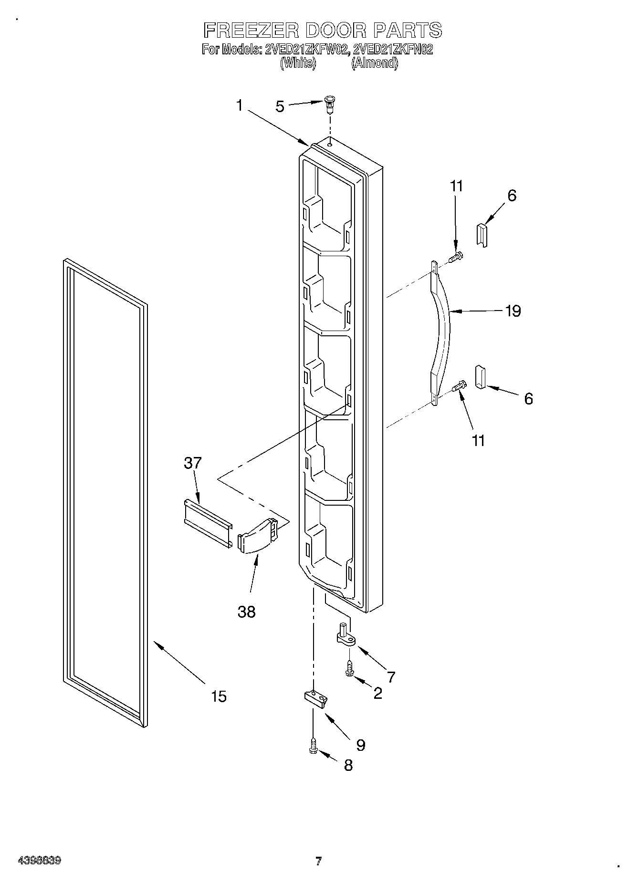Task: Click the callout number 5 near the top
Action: pos(280,106)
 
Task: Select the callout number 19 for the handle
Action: pos(513,311)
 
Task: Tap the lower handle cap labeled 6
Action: pos(480,378)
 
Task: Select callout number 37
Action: pos(193,463)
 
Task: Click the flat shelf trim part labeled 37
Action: pos(208,522)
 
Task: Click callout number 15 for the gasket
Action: pos(219,696)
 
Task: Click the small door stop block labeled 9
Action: pos(315,697)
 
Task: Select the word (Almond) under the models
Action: pos(375,63)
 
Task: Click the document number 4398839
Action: pos(39,861)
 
